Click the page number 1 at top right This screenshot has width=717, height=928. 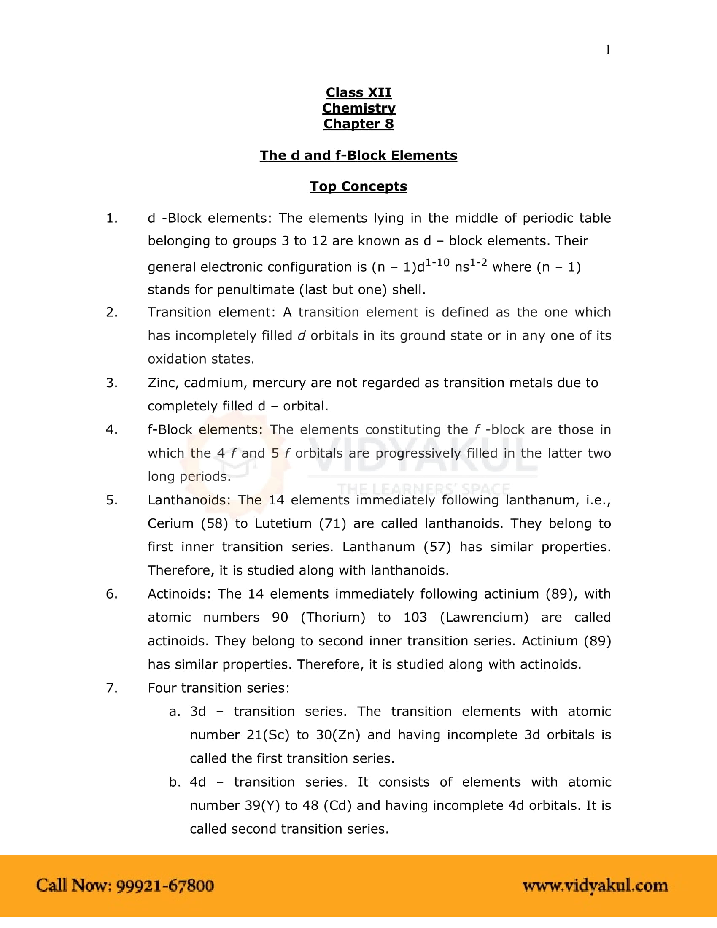pos(608,50)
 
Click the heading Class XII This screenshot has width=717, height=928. pos(358,92)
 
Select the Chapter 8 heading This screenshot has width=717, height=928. pos(358,124)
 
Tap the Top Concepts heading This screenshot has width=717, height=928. pos(358,186)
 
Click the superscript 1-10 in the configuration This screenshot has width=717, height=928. pos(437,263)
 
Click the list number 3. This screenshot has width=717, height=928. pos(112,383)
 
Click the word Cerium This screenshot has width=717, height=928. pos(170,523)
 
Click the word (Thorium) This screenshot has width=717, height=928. pos(333,618)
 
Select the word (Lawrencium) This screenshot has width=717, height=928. pos(484,618)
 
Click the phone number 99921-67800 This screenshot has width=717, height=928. pos(165,886)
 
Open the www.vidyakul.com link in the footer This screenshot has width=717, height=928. pos(595,886)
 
